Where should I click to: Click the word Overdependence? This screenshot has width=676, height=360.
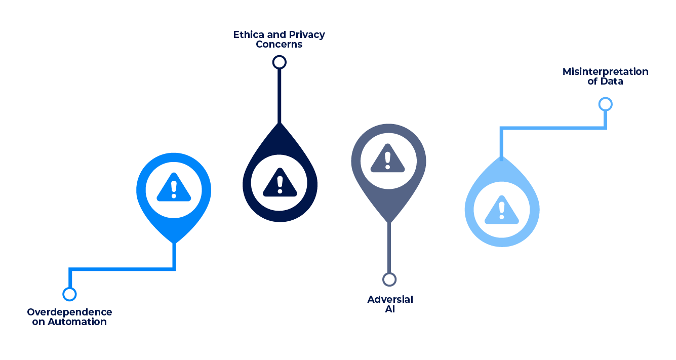(x=69, y=312)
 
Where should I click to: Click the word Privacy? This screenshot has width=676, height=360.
(x=307, y=34)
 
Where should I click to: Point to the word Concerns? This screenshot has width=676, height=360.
(x=279, y=44)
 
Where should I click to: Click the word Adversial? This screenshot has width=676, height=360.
(x=390, y=299)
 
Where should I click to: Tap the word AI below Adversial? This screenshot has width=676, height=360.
(x=389, y=309)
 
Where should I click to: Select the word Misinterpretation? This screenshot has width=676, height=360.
(x=605, y=71)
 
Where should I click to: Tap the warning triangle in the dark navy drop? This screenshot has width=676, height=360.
(x=280, y=182)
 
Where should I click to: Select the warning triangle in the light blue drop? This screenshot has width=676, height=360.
(x=501, y=209)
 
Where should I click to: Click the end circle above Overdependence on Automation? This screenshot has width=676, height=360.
(x=69, y=294)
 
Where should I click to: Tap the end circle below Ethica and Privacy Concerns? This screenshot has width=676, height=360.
(x=279, y=62)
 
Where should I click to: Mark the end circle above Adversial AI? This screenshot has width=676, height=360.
(x=389, y=279)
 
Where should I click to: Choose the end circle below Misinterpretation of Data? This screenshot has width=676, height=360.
(x=605, y=104)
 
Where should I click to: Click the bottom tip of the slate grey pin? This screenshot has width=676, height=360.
(x=388, y=221)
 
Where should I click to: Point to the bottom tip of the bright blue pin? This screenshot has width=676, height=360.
(x=174, y=242)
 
